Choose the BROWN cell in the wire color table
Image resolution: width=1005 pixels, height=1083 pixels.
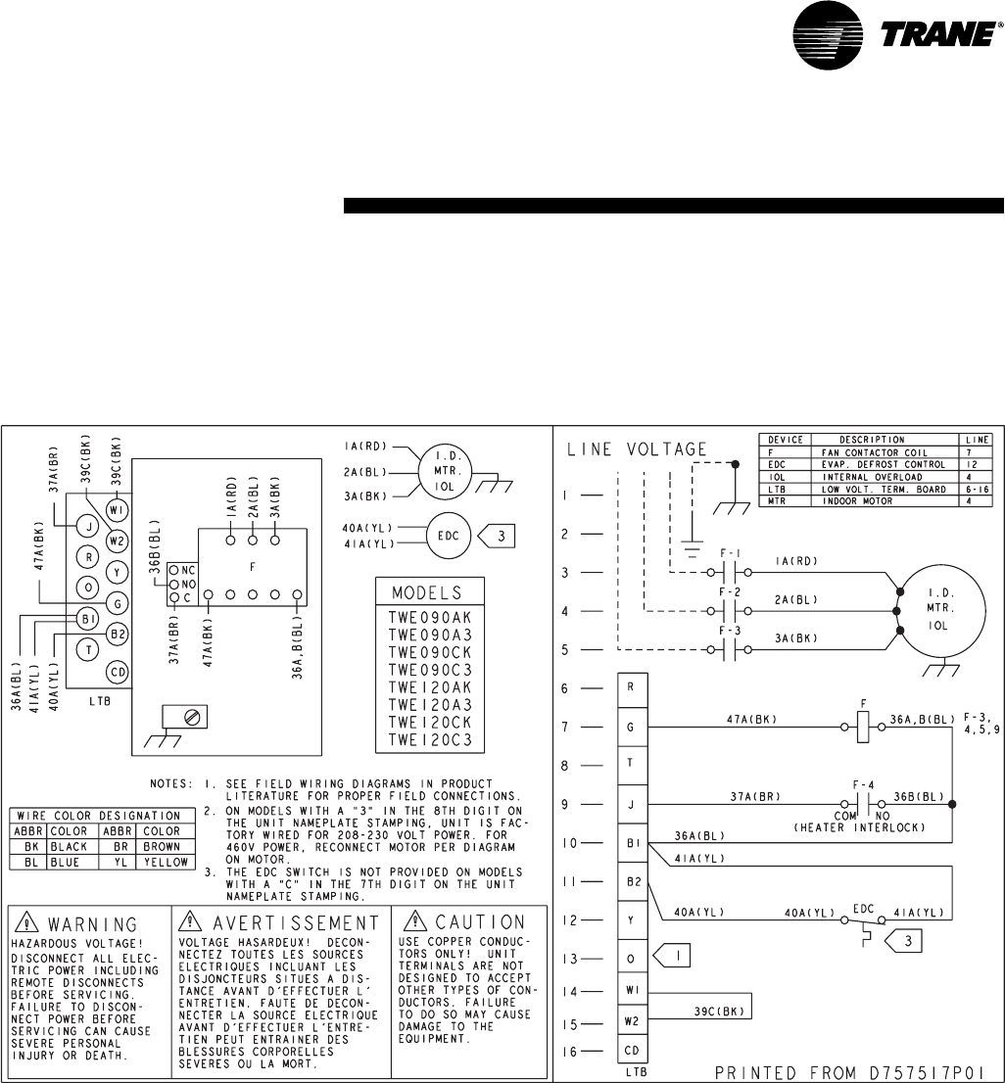[161, 847]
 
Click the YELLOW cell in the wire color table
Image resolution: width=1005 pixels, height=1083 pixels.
[161, 862]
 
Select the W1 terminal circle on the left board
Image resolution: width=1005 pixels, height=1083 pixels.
[118, 510]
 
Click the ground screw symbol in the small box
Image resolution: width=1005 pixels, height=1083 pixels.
[192, 717]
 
